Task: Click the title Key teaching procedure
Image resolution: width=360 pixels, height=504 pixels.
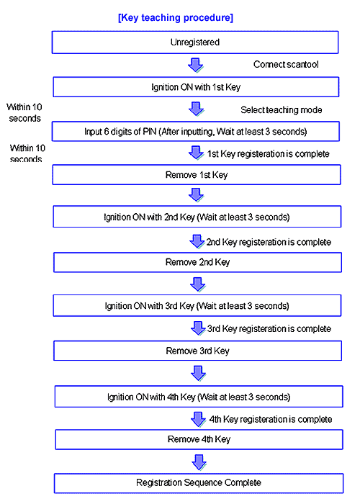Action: [176, 17]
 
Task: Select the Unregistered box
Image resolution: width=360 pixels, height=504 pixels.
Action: [195, 42]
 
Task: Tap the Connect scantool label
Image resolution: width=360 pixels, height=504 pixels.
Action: [286, 64]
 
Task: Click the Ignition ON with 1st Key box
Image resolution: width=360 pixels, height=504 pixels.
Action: [196, 87]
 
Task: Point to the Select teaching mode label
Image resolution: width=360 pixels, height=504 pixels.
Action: [282, 110]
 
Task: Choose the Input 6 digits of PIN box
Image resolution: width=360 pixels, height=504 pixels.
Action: [196, 131]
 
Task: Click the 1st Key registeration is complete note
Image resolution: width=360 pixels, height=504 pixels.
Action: [268, 153]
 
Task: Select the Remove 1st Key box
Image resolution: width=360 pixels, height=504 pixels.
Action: [197, 174]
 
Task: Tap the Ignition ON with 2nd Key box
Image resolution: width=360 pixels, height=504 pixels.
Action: [197, 217]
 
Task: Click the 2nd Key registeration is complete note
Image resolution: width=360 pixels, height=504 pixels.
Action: [269, 242]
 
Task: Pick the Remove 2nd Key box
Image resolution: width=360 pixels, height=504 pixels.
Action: [198, 262]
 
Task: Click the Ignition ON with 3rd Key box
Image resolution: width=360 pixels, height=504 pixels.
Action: [197, 306]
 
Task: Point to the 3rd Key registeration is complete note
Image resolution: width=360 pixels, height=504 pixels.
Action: [269, 328]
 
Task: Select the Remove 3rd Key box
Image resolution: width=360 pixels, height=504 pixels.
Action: [198, 351]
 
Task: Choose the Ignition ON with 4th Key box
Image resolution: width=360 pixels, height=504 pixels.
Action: [199, 397]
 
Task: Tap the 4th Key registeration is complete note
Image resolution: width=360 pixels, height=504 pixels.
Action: [270, 419]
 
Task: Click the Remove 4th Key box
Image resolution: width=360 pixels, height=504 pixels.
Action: [199, 439]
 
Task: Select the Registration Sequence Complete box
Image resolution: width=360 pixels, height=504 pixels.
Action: [199, 483]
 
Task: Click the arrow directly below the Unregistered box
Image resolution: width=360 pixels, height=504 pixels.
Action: [195, 66]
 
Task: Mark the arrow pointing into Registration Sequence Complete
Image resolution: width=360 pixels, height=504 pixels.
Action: [199, 462]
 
